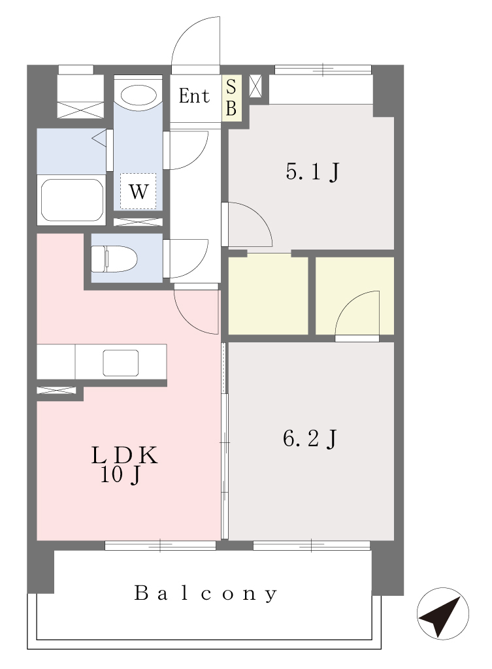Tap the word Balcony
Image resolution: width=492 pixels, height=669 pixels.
point(206,593)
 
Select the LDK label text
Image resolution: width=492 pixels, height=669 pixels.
point(124,455)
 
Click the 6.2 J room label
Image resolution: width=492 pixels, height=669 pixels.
point(310,438)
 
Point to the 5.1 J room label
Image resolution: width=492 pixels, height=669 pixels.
point(313,172)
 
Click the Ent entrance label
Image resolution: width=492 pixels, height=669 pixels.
point(194,96)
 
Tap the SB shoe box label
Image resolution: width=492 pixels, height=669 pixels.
point(231,98)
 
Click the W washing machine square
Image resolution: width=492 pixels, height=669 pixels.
point(138,191)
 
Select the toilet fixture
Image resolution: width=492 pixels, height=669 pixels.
point(114,259)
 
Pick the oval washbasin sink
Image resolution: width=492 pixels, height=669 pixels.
point(138,95)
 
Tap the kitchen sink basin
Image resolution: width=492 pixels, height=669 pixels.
point(121,363)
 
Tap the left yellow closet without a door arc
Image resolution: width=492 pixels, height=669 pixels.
point(269,296)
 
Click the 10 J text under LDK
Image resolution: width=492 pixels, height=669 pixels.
point(120,475)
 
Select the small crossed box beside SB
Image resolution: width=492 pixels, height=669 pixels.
point(255,86)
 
